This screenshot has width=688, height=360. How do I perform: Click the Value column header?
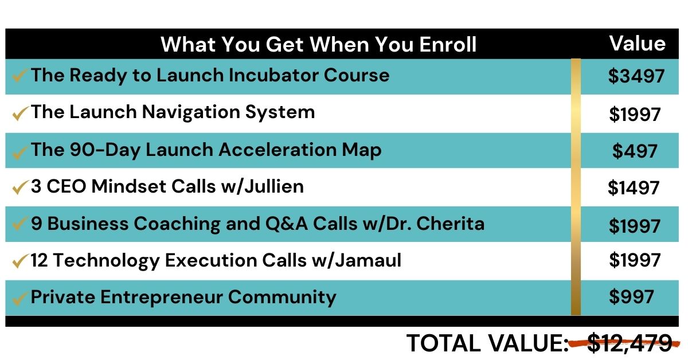638,44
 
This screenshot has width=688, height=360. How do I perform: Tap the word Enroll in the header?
448,44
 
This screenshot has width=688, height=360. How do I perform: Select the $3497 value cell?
636,76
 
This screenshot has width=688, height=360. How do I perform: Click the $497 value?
635,151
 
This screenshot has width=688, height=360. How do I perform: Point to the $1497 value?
634,187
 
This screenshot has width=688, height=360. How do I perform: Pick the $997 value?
631,297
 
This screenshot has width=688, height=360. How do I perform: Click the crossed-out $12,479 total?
630,343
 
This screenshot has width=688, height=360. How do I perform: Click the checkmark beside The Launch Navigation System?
20,113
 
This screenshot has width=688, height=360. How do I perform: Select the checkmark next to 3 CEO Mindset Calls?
20,187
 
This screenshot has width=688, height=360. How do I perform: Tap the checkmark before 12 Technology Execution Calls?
20,261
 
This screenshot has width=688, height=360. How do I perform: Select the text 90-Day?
105,150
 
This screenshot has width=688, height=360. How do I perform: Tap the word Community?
282,297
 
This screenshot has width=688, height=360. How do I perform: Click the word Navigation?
191,112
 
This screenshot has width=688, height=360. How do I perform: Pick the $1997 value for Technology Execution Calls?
635,260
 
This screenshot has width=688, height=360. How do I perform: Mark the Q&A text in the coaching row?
286,224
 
